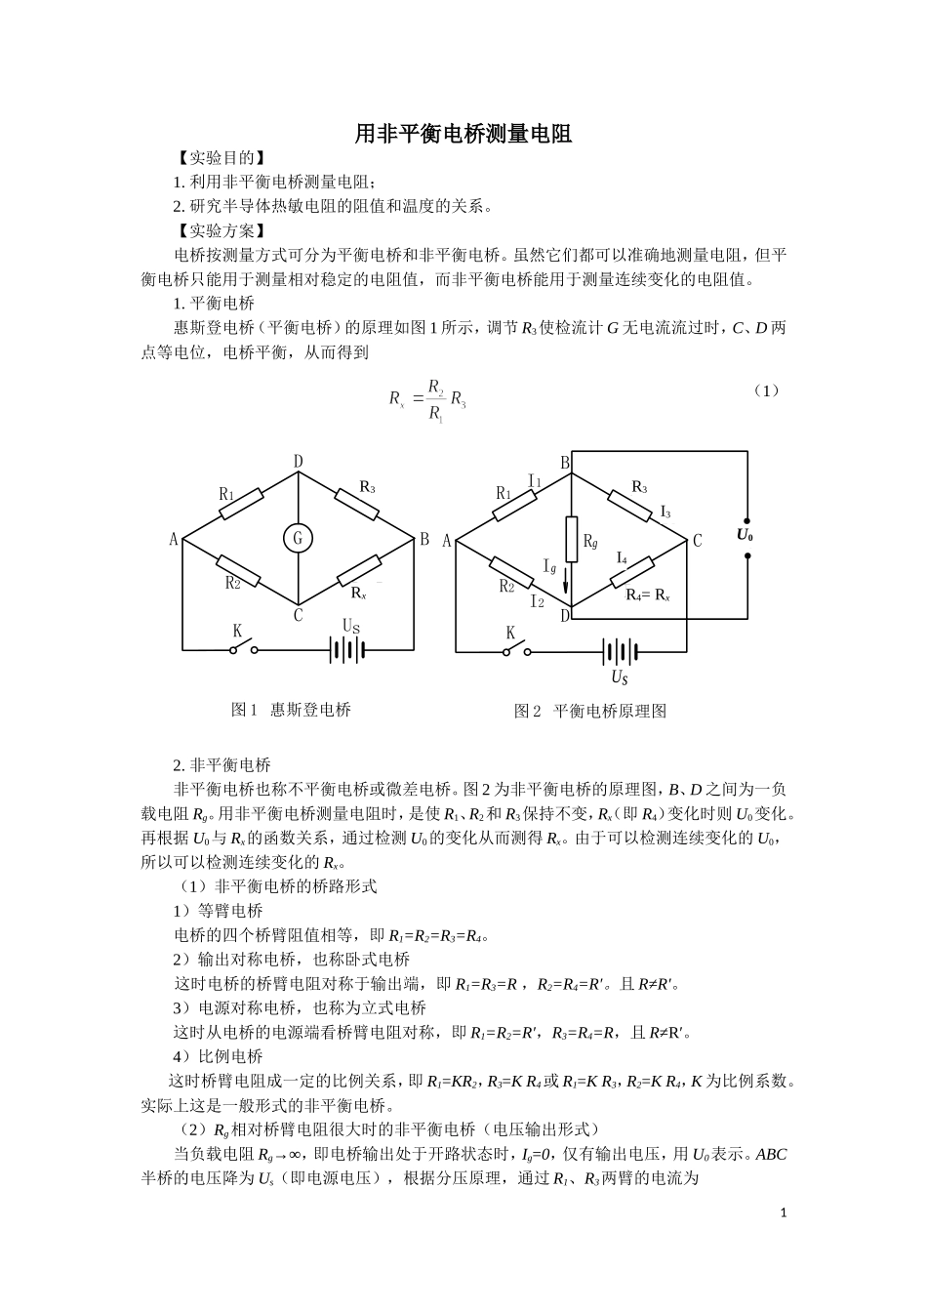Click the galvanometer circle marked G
pos(299,538)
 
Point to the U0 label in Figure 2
pos(745,535)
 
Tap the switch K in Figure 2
pos(514,649)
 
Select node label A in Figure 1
pos(174,540)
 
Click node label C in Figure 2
pos(697,540)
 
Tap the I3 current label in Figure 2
pos(665,512)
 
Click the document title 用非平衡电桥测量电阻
pos(463,134)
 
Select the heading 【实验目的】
pos(219,158)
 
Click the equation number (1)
pos(767,390)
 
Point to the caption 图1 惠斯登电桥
pos(291,710)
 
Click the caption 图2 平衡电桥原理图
pos(590,711)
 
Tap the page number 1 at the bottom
pos(783,1212)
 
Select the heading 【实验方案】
pos(219,230)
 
